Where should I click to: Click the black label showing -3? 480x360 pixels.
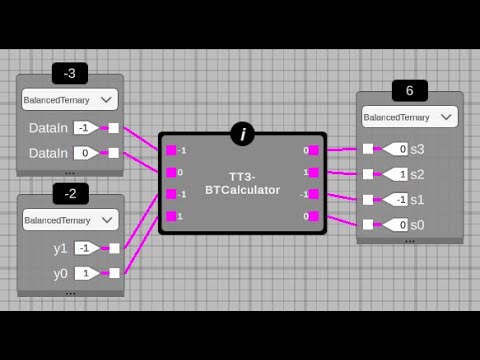[70, 73]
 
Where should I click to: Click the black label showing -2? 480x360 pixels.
[70, 194]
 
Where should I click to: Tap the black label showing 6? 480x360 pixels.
[409, 90]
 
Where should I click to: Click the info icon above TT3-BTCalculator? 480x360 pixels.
[242, 134]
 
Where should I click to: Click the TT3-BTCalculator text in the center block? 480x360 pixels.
[243, 183]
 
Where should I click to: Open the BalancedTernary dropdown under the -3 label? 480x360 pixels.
[70, 99]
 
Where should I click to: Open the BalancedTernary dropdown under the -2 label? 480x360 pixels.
[70, 219]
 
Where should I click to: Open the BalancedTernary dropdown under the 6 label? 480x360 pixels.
[410, 117]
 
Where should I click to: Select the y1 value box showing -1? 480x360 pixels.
[87, 248]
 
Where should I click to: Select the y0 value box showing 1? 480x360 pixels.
[87, 272]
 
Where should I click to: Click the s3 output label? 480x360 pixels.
[417, 149]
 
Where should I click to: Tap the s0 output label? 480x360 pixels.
[417, 225]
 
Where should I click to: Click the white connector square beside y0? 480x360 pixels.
[114, 272]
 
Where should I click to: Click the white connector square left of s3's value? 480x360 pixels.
[368, 149]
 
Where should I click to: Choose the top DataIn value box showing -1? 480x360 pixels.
[87, 128]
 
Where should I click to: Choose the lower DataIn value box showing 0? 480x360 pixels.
[87, 153]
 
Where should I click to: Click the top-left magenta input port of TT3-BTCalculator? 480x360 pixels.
[171, 150]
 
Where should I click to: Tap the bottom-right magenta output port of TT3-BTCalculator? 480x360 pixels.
[314, 216]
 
